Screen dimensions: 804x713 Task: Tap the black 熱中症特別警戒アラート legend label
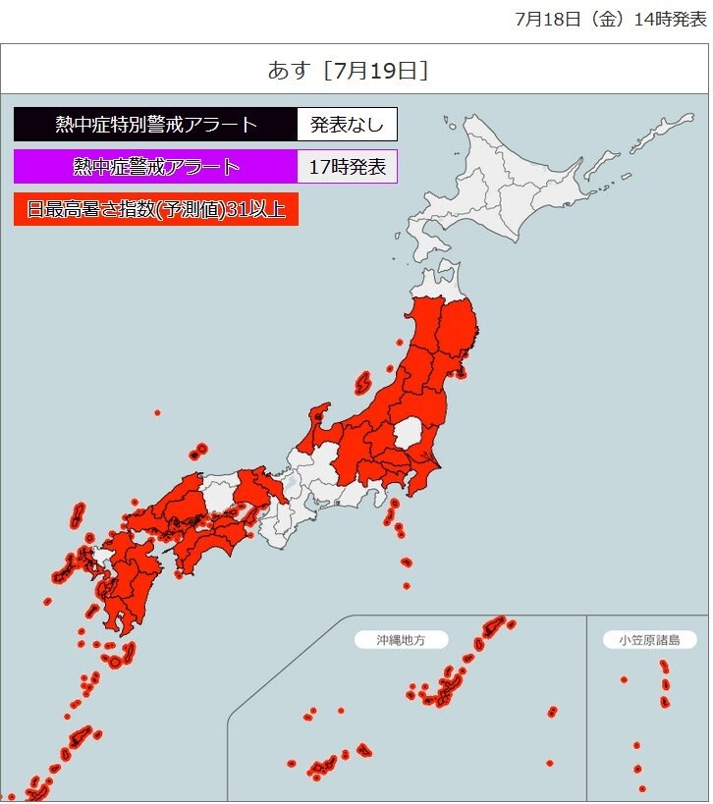[x=155, y=125]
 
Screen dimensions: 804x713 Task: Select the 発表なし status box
[x=347, y=125]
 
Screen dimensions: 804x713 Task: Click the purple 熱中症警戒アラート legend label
[x=155, y=166]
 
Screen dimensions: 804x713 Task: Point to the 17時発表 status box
[x=347, y=166]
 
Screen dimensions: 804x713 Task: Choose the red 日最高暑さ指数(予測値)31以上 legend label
[x=155, y=209]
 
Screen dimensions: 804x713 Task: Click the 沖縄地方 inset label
[x=401, y=640]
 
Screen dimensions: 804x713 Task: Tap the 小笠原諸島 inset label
[x=649, y=640]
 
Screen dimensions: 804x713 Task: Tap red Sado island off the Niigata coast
[x=361, y=381]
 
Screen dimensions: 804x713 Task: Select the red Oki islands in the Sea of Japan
[x=198, y=453]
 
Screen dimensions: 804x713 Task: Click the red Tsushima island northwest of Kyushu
[x=78, y=516]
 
